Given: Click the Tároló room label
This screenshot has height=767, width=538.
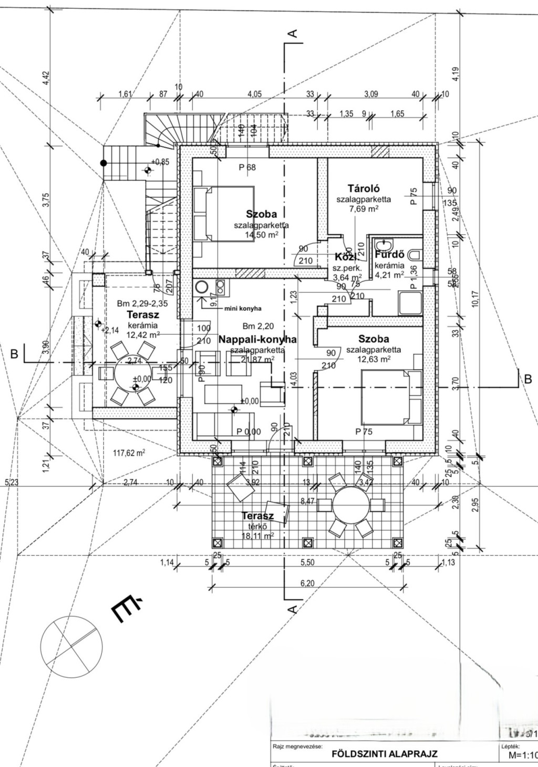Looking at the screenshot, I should [364, 188].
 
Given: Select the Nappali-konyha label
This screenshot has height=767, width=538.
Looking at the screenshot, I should [257, 340].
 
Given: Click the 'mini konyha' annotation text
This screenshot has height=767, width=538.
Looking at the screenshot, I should [243, 309].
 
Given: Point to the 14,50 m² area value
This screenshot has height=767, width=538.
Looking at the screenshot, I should [261, 235].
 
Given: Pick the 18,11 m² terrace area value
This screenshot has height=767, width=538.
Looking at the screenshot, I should [257, 536].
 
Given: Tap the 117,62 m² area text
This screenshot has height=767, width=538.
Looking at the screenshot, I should [129, 452].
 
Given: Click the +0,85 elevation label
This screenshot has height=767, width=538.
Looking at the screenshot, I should [160, 162].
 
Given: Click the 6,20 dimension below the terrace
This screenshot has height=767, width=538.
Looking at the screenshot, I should [307, 583].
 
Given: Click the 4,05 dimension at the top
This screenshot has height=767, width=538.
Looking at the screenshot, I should [254, 94].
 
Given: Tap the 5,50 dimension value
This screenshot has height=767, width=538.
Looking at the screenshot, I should [307, 562].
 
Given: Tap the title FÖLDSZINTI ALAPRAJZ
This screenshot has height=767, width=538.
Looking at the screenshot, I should [385, 754].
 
